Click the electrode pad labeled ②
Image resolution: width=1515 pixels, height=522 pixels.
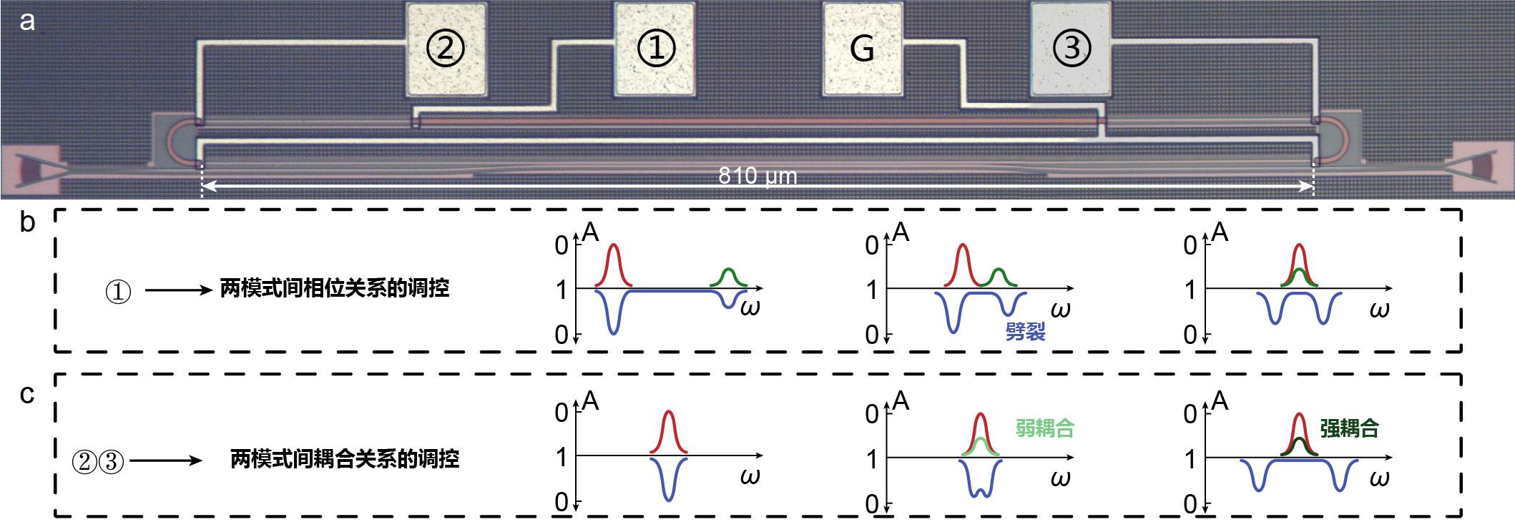coord(446,50)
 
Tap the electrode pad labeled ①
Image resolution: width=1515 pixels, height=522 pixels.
coord(654,50)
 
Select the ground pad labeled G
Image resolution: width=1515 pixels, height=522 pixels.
coord(863,50)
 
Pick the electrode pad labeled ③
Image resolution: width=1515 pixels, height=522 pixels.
coord(1071,50)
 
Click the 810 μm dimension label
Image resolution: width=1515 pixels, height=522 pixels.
coord(757,176)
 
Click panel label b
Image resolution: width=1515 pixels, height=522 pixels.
coord(26,222)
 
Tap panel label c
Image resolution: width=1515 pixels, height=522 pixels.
coord(26,393)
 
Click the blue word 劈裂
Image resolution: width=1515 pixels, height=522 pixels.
coord(1025,332)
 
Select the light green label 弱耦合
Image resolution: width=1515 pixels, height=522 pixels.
coord(1044,428)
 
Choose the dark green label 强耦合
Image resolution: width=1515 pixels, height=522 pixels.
coord(1349,428)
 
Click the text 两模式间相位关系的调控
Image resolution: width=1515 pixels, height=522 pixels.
coord(334,288)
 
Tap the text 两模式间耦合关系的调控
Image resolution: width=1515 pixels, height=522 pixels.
coord(344,458)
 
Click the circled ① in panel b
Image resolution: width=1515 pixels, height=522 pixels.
coord(118,292)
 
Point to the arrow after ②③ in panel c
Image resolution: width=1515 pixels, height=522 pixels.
coord(167,461)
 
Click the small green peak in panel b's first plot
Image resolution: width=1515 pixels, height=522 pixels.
coord(728,276)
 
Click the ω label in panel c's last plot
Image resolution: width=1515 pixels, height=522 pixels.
coord(1378,477)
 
